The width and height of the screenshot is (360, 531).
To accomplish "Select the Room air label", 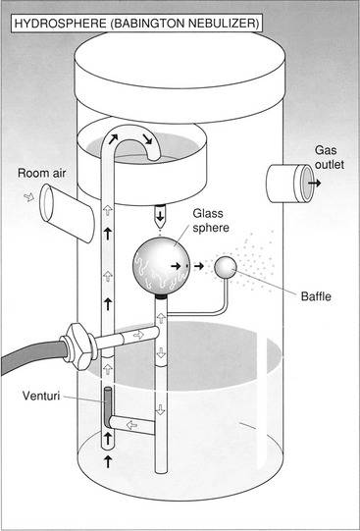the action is pyautogui.click(x=41, y=173).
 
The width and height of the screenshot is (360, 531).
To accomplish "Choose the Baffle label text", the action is pyautogui.click(x=316, y=296).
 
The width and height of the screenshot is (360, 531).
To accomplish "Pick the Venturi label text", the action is pyautogui.click(x=41, y=396).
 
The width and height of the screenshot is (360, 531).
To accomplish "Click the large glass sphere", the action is pyautogui.click(x=161, y=266).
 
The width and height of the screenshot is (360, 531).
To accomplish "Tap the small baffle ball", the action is pyautogui.click(x=226, y=268).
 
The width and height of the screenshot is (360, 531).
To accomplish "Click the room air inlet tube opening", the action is pyautogui.click(x=46, y=201).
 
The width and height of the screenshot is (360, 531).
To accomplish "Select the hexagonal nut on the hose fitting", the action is pyautogui.click(x=78, y=346).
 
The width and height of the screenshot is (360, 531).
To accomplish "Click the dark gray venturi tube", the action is pyautogui.click(x=108, y=407).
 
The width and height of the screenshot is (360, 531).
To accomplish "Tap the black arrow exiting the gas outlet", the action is pyautogui.click(x=314, y=184).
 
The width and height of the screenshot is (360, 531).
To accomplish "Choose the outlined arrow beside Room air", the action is pyautogui.click(x=29, y=197).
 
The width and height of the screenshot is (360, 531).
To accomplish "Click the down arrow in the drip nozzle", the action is pyautogui.click(x=160, y=215).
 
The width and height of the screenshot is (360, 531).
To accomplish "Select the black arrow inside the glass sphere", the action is pyautogui.click(x=176, y=266).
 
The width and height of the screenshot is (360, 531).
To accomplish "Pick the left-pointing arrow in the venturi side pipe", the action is pyautogui.click(x=131, y=425).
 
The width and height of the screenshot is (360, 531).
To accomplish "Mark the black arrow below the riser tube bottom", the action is pyautogui.click(x=108, y=461).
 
